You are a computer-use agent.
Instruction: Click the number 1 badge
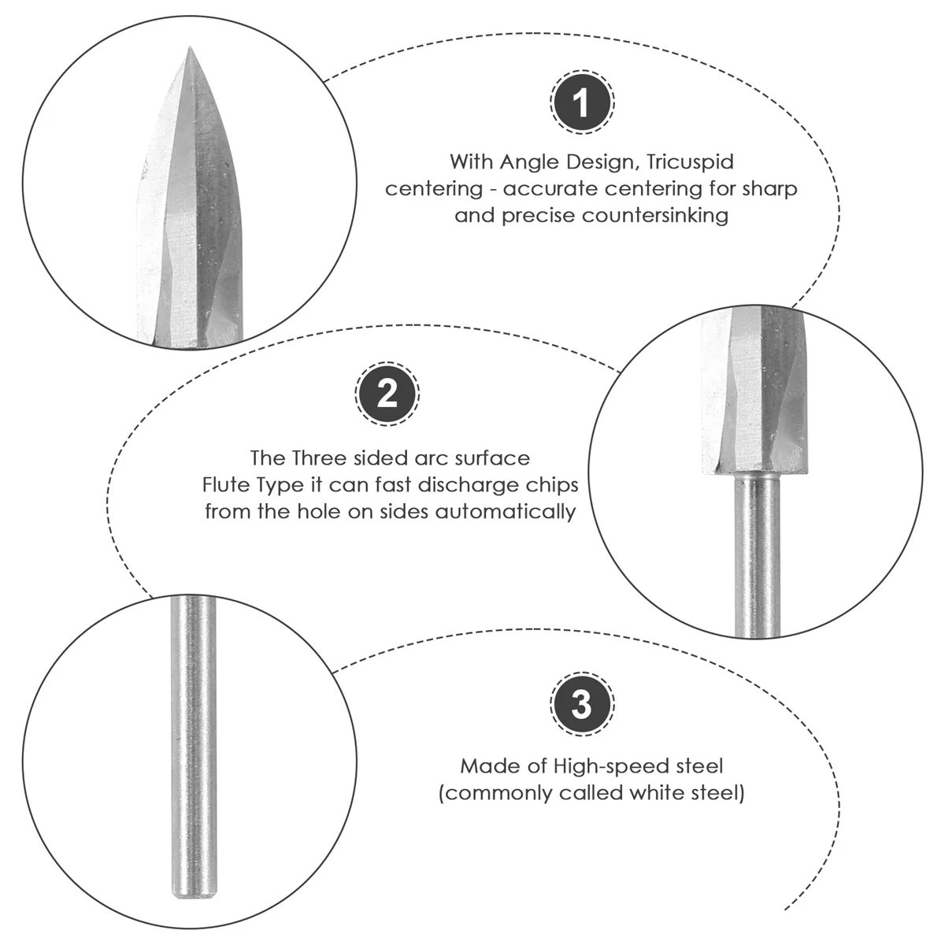click(x=581, y=103)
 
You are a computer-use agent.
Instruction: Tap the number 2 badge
click(x=387, y=394)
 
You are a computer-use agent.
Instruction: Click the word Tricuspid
click(x=690, y=162)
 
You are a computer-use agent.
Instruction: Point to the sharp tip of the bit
click(x=190, y=50)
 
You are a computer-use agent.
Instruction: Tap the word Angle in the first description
click(x=533, y=162)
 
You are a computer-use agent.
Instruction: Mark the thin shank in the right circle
click(x=753, y=551)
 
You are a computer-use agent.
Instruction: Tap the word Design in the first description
click(x=601, y=162)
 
